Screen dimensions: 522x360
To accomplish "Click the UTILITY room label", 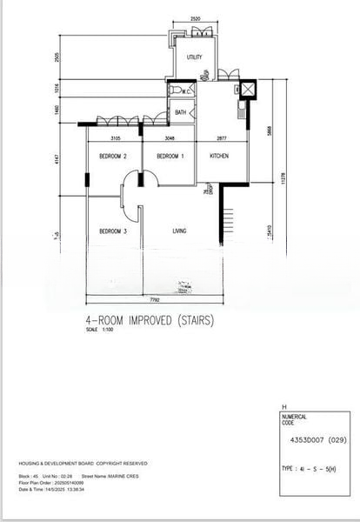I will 195,57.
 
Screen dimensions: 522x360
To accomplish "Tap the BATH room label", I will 181,112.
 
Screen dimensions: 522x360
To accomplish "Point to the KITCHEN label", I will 219,157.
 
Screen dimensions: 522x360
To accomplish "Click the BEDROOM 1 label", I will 170,157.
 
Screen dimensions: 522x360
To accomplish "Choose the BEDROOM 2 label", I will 113,157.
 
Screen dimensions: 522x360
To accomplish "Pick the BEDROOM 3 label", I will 113,231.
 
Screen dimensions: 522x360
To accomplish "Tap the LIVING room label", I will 180,231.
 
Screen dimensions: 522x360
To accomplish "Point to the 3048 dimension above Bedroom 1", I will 170,138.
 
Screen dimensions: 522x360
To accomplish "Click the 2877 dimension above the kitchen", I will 221,138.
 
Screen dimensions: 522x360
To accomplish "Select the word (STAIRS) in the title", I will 194,320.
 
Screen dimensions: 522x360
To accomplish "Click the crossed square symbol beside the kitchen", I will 248,87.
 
